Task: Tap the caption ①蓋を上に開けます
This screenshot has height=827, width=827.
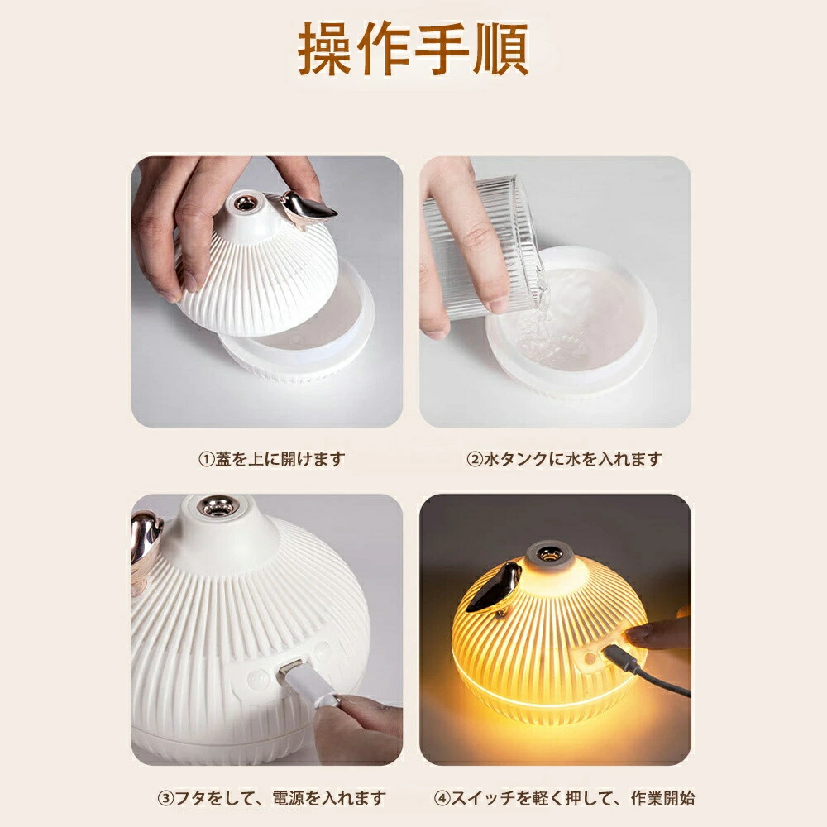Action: tap(271, 459)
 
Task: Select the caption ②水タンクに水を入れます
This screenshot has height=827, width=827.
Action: tap(564, 459)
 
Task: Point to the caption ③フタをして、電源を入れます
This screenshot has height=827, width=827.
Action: tap(272, 797)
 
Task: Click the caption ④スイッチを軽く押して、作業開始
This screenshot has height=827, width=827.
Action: tap(564, 797)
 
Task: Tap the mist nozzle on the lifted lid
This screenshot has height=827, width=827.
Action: tap(244, 203)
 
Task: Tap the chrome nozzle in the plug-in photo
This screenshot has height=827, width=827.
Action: tap(218, 506)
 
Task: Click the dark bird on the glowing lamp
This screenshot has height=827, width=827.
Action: tap(495, 588)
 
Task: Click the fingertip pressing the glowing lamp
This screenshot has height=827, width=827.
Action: tap(635, 633)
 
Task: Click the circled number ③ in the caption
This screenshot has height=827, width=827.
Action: tap(165, 798)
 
